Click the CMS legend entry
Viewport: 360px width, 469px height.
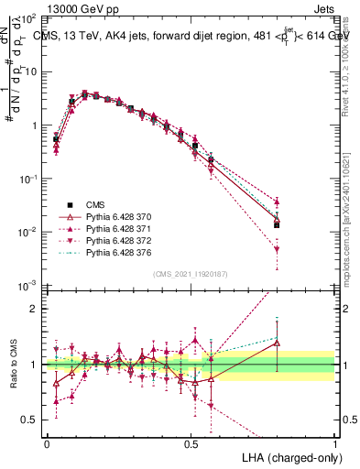point(96,204)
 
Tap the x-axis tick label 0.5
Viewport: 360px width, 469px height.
point(191,443)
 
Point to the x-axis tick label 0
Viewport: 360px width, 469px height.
point(47,443)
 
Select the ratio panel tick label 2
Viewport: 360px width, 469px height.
point(37,309)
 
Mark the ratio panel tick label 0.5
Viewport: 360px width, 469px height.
point(32,420)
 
